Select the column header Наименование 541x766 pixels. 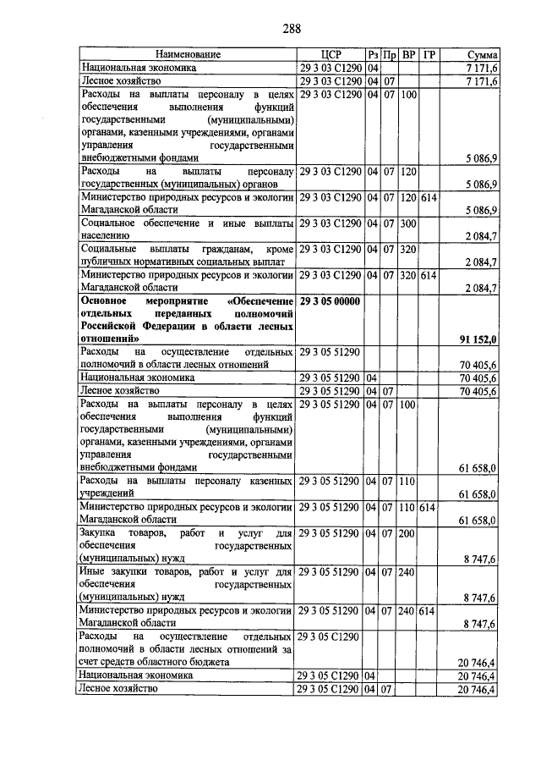pos(187,55)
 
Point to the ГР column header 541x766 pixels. pos(429,55)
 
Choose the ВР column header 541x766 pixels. pos(408,55)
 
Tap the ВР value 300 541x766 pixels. pos(408,224)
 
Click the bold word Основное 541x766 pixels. pos(106,302)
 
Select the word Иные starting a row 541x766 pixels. pos(92,573)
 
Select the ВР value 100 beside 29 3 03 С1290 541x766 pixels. pos(408,95)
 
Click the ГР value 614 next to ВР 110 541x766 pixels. pos(429,507)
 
